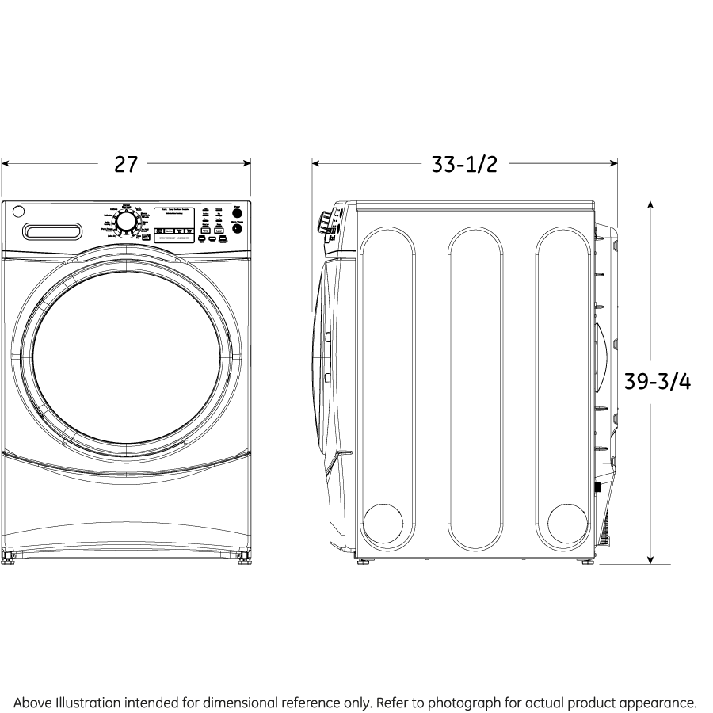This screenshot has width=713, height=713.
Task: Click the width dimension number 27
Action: pos(126,165)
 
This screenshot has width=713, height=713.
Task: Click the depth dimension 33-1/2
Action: pos(464,165)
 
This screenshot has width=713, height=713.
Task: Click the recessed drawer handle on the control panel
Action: pos(53,231)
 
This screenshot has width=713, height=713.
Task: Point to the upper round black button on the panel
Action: pos(237,215)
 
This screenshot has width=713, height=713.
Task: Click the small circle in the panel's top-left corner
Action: pos(18,212)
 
